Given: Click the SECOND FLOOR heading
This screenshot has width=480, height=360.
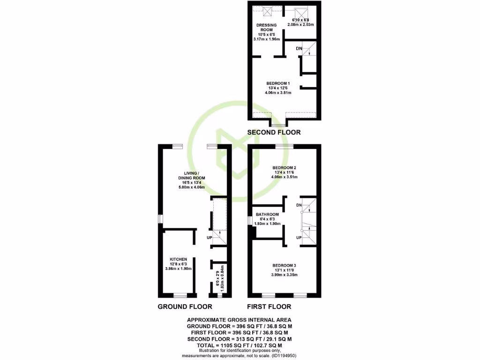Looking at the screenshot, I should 274,133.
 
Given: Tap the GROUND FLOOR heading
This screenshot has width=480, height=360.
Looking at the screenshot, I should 185,307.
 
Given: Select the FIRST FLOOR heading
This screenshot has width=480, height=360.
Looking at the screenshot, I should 269,307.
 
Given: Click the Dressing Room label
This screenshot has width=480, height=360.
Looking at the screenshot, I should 267,27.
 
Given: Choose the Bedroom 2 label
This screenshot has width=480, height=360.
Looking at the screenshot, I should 285,167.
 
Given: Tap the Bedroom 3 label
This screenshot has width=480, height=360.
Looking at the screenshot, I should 285,265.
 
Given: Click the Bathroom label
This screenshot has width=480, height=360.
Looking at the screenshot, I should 267,215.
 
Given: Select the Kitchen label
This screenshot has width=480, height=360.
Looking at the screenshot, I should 179,259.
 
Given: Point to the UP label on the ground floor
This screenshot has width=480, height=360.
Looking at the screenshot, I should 210,238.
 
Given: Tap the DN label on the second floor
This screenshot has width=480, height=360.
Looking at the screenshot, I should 299,48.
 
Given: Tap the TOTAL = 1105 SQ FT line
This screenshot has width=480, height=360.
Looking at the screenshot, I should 240,345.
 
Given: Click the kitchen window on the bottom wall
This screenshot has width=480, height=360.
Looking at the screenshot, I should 180,296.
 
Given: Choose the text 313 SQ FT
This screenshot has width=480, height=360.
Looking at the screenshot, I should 243,339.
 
